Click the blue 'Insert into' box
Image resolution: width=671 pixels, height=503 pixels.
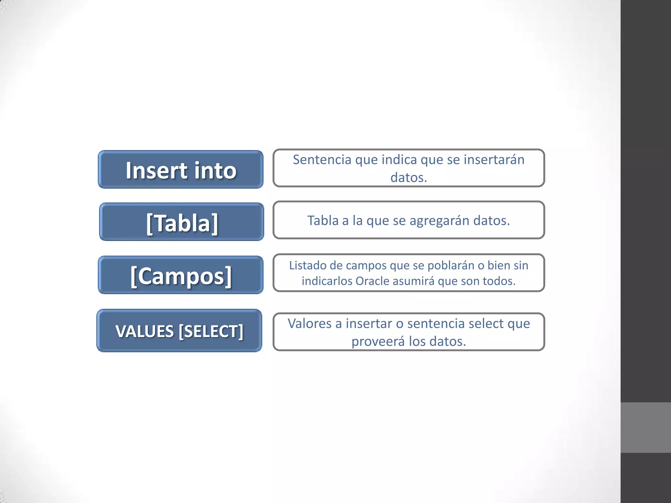(x=181, y=170)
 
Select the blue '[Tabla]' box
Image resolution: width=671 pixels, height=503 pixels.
(x=182, y=222)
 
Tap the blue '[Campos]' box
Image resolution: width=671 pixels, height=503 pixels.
(x=181, y=275)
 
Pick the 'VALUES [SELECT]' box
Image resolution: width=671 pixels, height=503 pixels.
(x=179, y=331)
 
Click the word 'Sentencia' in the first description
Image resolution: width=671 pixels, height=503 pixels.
(x=322, y=160)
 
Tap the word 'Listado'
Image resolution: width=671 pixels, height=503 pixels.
(x=307, y=265)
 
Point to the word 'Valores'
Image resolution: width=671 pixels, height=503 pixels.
(x=310, y=324)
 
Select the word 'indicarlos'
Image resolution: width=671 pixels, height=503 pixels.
(x=327, y=281)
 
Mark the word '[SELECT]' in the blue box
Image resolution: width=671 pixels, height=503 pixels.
(x=211, y=331)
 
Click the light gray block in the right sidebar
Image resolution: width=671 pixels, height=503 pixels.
(x=645, y=427)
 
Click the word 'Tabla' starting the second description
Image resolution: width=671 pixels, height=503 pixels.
(x=323, y=221)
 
